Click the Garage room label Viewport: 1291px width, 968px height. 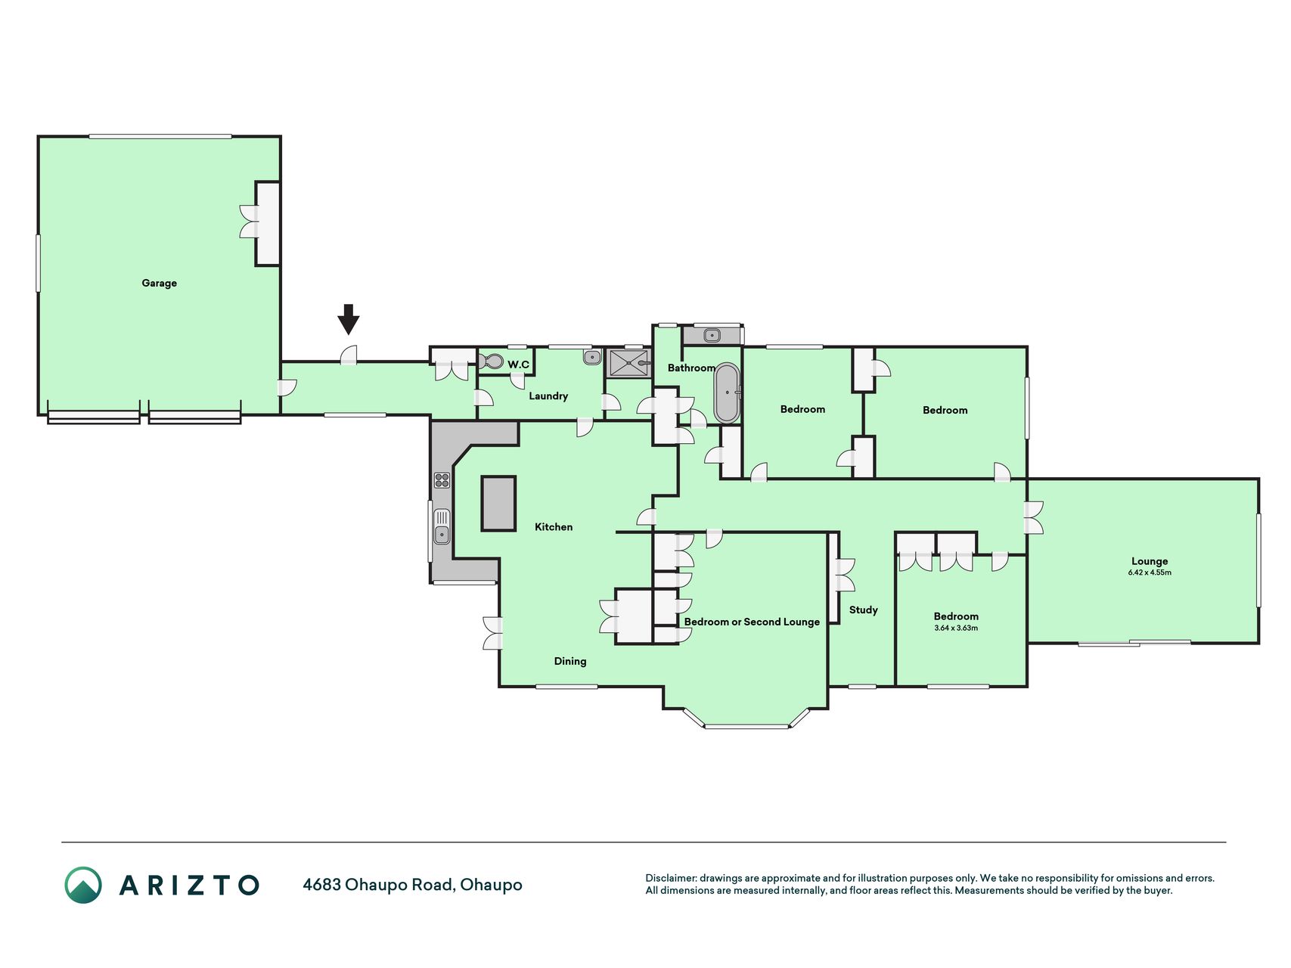159,283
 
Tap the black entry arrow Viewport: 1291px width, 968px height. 348,319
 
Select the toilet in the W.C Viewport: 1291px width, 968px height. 492,361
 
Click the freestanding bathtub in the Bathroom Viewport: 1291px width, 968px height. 727,392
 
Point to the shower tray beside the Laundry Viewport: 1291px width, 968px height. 628,363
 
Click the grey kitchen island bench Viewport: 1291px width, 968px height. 498,503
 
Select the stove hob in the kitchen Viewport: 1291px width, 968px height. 442,479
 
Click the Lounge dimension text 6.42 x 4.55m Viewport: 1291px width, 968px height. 1150,572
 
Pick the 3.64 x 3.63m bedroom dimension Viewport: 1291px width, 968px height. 956,628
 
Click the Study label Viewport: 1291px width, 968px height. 863,610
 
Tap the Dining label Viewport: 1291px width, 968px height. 570,661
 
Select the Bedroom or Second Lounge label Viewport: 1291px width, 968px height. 752,622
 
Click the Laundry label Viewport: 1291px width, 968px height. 548,396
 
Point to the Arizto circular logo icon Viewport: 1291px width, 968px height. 83,885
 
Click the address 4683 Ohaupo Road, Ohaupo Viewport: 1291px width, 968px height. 412,885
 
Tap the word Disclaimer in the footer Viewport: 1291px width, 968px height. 670,878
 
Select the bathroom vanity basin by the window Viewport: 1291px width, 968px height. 712,335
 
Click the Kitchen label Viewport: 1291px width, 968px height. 554,527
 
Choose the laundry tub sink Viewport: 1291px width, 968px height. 592,357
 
